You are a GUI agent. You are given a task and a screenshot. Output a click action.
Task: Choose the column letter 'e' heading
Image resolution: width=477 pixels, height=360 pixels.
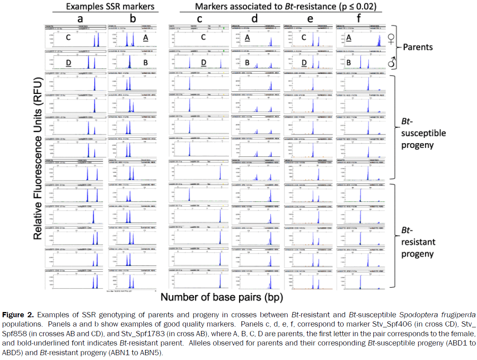pyautogui.click(x=308, y=19)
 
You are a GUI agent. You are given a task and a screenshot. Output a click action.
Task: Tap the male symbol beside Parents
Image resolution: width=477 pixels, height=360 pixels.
pyautogui.click(x=391, y=61)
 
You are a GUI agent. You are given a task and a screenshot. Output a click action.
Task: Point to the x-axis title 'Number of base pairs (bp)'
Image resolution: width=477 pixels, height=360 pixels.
pyautogui.click(x=222, y=298)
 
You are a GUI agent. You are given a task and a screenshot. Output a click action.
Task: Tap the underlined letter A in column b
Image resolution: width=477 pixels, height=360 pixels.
pyautogui.click(x=146, y=37)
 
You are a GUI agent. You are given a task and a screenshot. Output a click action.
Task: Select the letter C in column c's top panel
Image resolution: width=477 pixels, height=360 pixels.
pyautogui.click(x=204, y=37)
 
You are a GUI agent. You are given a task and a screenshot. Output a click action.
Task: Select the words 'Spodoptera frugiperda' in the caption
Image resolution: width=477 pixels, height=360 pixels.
pyautogui.click(x=444, y=314)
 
